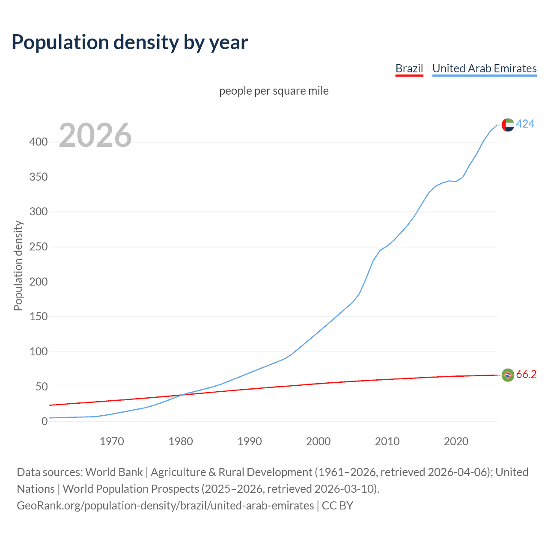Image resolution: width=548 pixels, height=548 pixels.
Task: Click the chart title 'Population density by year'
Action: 130,42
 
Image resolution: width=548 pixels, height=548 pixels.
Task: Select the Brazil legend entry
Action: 409,68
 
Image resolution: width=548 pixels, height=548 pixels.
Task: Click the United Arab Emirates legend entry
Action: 484,68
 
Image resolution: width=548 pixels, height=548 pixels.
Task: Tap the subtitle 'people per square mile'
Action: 274,91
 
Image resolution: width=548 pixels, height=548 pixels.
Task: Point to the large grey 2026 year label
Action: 95,135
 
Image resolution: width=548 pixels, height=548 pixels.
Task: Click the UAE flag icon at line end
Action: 507,125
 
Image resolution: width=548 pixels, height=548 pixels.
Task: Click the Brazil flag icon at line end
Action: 507,375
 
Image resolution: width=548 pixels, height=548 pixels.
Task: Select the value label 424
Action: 525,124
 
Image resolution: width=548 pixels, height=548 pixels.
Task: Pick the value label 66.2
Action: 526,374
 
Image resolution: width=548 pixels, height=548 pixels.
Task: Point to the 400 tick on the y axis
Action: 39,142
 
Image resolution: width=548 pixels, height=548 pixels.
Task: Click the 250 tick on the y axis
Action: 39,247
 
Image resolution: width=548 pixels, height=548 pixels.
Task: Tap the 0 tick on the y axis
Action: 45,422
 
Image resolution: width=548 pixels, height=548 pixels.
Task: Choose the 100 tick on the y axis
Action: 39,352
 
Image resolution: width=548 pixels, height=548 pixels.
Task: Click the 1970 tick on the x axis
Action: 112,441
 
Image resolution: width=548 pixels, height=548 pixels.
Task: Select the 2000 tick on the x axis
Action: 318,441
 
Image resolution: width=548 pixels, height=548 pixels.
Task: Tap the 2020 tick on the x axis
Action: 456,441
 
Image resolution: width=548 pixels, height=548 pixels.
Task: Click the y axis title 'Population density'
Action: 18,265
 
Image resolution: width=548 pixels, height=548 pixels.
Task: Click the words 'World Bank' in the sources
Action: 114,472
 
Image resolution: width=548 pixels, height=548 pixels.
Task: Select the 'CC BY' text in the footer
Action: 337,506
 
